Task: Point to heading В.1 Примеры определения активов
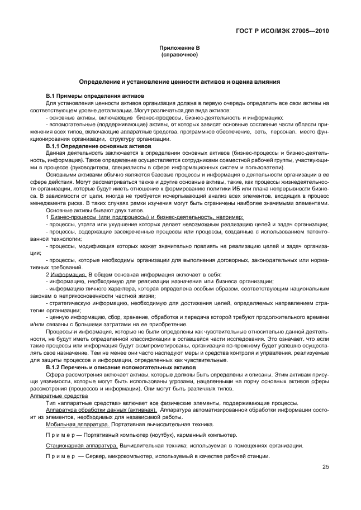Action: [x=95, y=97]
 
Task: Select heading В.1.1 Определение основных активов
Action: [x=98, y=146]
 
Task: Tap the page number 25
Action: [x=325, y=468]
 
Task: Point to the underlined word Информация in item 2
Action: [x=68, y=274]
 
